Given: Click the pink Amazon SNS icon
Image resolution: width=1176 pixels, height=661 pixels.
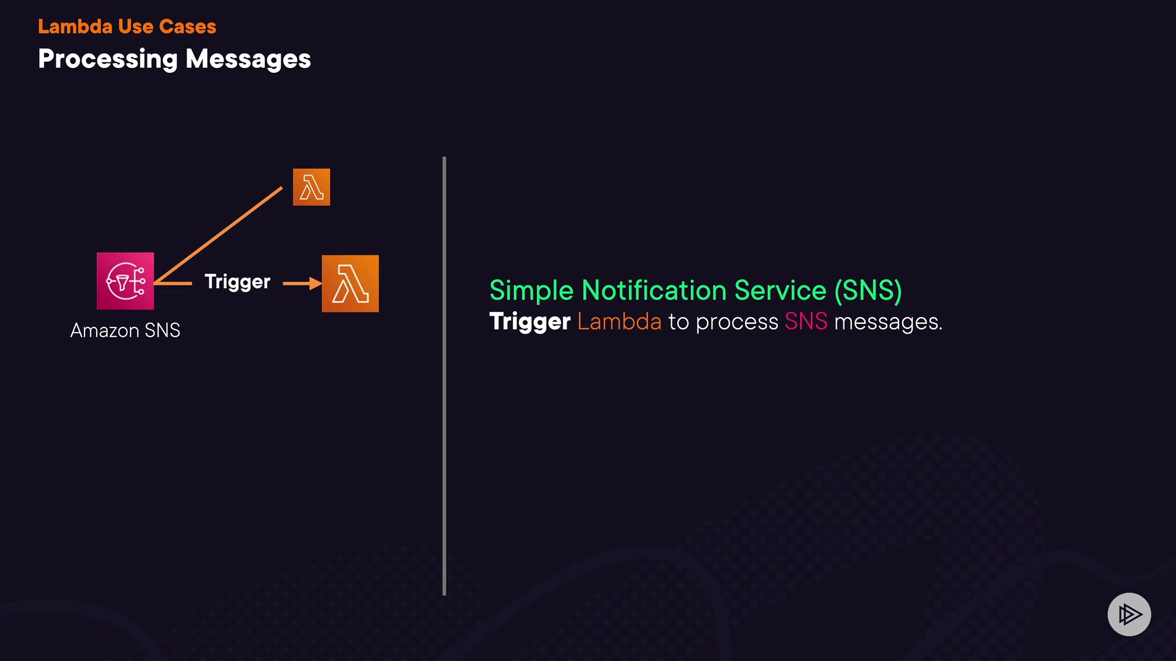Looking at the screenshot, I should point(126,281).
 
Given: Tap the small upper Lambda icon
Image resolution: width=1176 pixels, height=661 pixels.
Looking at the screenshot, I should point(311,187).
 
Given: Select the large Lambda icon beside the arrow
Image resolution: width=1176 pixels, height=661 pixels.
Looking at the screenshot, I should point(350,283).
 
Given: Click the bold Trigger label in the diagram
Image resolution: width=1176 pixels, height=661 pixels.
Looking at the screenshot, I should point(237,282).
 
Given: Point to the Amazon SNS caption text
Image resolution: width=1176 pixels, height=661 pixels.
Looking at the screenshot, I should point(126,330).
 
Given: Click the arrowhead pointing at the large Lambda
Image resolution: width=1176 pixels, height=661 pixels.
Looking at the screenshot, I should point(315,283).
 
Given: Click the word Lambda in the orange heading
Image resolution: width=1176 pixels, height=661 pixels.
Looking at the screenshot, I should point(75,27).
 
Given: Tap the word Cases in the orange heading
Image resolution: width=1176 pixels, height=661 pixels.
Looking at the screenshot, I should point(187,27).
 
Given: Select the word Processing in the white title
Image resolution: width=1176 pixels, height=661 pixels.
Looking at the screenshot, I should point(108,59).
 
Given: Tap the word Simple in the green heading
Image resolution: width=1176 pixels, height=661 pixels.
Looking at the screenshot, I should point(531,291).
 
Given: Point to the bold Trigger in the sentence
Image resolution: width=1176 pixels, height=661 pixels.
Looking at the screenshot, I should point(530,322).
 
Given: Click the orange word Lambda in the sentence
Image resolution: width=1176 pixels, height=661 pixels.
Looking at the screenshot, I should point(619,322).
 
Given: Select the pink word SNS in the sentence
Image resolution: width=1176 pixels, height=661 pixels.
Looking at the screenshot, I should point(806,322).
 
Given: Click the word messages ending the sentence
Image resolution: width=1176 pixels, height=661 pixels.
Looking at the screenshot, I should point(888,322).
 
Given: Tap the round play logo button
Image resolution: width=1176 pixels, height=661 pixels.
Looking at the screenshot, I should point(1129,614).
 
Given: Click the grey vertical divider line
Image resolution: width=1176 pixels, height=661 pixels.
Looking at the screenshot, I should point(444,376).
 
